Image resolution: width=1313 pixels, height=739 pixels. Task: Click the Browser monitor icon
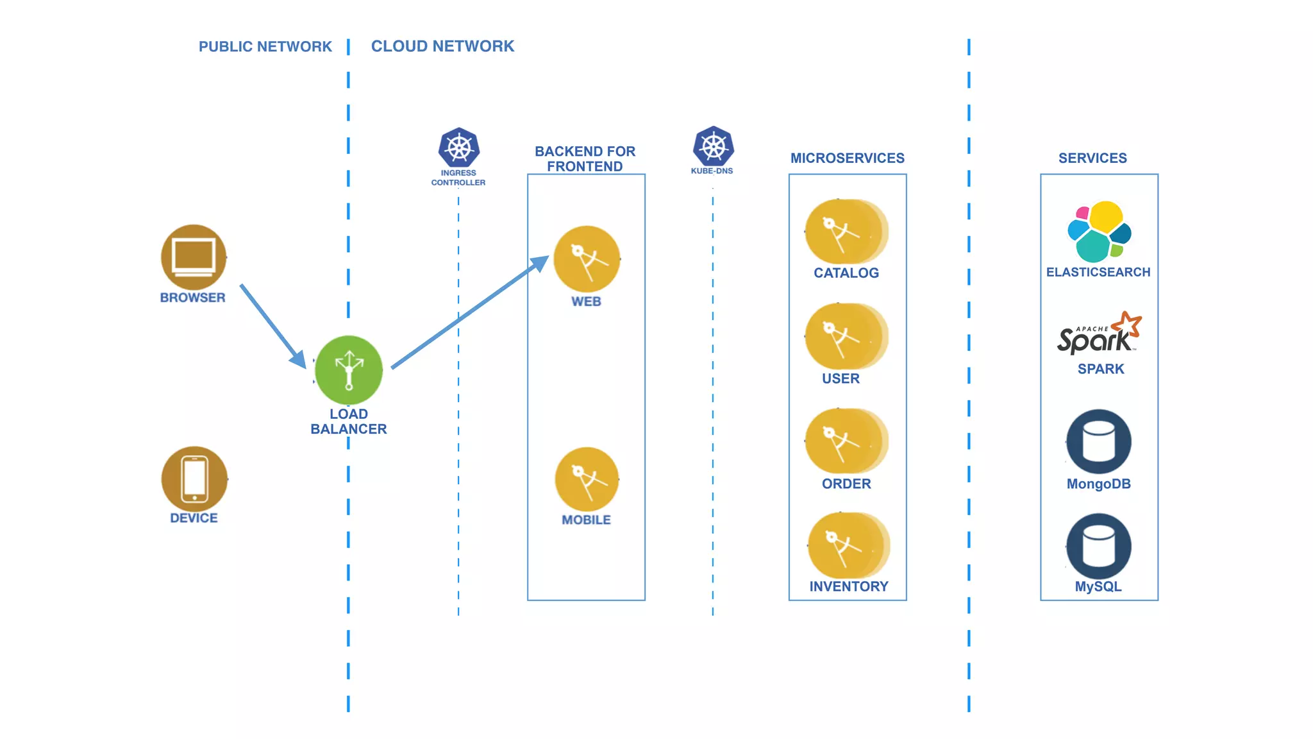[194, 257]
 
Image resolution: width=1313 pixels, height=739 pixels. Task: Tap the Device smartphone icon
[194, 479]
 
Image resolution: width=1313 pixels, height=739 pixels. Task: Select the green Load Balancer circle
[349, 370]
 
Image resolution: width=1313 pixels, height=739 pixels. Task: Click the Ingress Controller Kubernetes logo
[458, 148]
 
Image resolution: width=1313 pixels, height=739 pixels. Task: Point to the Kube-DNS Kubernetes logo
[713, 146]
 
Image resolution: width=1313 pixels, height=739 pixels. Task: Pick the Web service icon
[587, 259]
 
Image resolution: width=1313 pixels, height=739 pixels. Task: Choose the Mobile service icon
[587, 479]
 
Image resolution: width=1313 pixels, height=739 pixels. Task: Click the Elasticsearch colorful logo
[1099, 232]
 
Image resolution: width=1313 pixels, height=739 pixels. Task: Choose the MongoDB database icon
[1099, 442]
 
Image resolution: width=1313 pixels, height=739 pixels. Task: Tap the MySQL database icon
[1099, 546]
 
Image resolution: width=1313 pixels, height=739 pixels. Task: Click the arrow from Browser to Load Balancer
[272, 325]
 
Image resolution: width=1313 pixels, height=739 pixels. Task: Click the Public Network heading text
[265, 47]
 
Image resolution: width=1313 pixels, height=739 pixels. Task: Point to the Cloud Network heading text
[442, 46]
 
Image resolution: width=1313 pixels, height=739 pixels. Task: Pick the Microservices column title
[847, 158]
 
